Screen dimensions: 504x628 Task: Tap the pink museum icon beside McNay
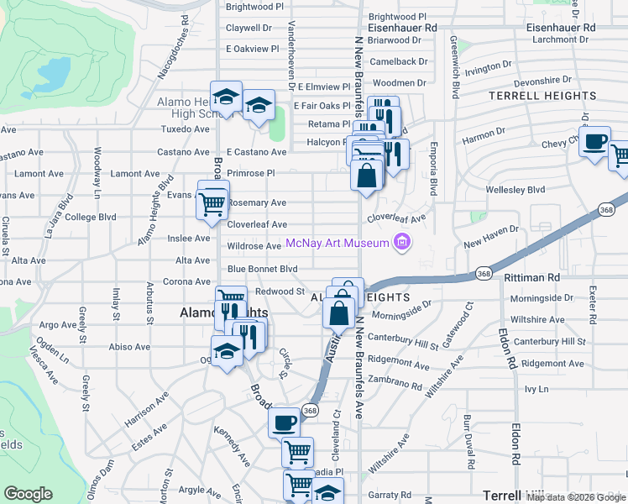(x=402, y=244)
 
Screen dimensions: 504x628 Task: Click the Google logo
(x=29, y=494)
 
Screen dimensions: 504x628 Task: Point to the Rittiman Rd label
(x=531, y=277)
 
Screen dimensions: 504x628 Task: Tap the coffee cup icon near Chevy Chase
(x=595, y=141)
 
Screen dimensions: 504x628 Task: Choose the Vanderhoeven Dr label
(x=291, y=55)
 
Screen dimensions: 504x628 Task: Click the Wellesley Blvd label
(x=515, y=190)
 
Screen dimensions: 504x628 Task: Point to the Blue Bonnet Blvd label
(x=262, y=269)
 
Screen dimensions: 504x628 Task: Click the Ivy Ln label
(x=536, y=390)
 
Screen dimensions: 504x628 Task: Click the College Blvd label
(x=91, y=217)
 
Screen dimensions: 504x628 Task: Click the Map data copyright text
(x=576, y=497)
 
